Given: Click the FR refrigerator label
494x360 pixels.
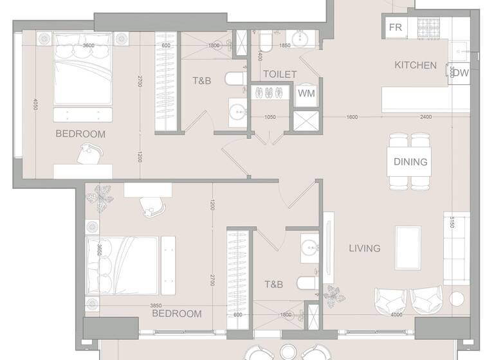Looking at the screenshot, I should point(396,27).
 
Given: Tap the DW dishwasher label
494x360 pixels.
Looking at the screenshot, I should point(461,73).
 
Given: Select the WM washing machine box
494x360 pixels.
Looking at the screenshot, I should point(305,93).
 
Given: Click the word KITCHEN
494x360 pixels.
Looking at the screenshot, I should point(416,66).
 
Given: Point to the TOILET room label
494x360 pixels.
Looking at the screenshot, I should point(280,75).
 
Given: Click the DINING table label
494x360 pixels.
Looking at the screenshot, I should point(410,162).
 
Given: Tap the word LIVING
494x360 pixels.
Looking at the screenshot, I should point(365,248).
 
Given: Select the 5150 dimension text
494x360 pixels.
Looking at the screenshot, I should point(452,222).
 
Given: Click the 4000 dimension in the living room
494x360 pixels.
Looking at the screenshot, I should point(396,314).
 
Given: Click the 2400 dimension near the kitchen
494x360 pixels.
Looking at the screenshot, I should point(426,116).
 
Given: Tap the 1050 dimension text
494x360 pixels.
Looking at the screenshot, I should point(269,116).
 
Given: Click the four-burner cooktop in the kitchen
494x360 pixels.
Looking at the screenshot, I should point(427,27).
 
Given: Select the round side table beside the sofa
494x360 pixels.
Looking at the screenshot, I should point(457,299).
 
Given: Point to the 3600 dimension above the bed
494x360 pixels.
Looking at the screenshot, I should point(88,45).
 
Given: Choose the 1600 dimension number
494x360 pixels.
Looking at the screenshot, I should point(352,116).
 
